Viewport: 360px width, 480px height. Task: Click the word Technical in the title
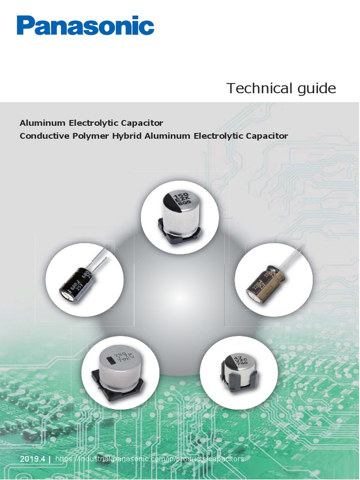coord(254,88)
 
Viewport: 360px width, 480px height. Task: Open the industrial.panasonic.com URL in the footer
coord(150,459)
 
